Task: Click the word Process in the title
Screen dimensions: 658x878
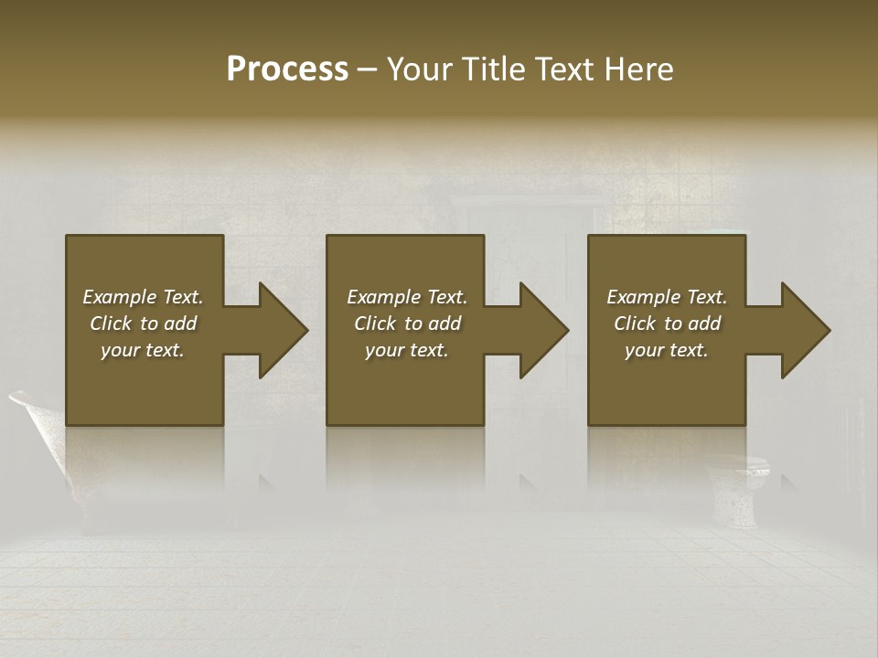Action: coord(287,69)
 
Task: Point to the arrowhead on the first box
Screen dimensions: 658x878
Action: coord(274,330)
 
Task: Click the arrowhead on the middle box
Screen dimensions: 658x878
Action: coord(535,330)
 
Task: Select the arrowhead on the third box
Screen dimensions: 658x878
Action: coord(797,330)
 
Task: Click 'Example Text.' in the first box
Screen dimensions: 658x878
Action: coord(143,297)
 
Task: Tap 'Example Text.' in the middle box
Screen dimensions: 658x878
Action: coord(407,297)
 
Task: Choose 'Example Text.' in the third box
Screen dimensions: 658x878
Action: coord(667,297)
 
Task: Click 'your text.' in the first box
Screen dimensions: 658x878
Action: coord(143,350)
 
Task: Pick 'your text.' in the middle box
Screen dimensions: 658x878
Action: coord(407,350)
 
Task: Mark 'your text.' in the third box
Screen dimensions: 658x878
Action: coord(667,350)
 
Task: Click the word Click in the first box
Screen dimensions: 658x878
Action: coord(112,324)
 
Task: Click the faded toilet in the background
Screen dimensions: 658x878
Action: coord(743,489)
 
